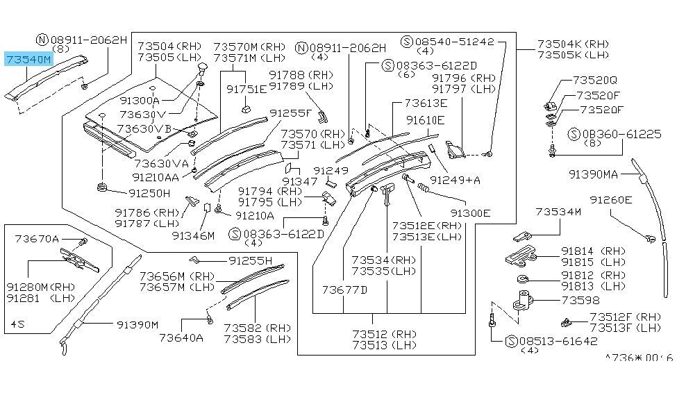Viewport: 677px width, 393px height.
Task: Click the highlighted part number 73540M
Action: pos(28,60)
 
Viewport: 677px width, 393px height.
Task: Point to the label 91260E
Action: pos(611,200)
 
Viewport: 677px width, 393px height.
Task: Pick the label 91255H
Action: pos(251,260)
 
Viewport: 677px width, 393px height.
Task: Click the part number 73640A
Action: pos(181,338)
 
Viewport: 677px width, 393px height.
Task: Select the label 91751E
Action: pos(246,89)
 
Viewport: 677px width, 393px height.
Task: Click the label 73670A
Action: pos(37,240)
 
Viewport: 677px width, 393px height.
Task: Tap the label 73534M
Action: pos(558,211)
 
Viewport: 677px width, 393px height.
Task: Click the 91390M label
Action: pos(137,324)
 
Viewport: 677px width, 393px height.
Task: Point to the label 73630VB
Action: pos(144,128)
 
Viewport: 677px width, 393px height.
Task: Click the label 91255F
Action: pos(292,112)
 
